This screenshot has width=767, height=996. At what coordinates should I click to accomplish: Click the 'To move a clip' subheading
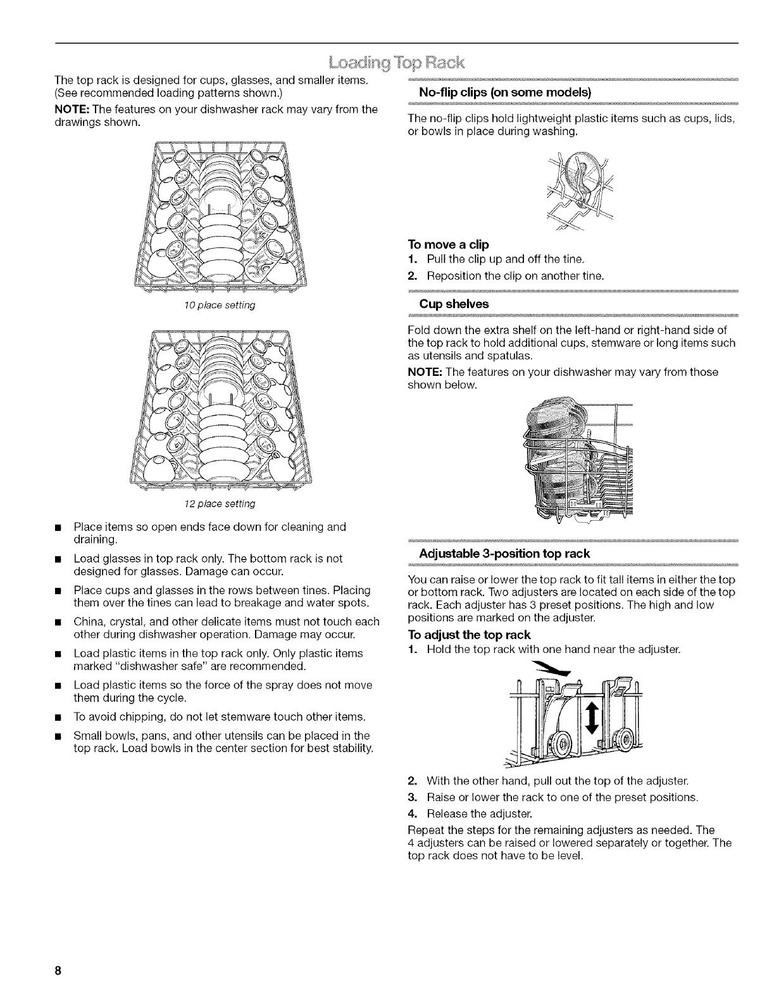tap(449, 244)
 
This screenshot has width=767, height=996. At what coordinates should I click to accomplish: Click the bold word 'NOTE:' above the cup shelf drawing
tap(422, 372)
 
